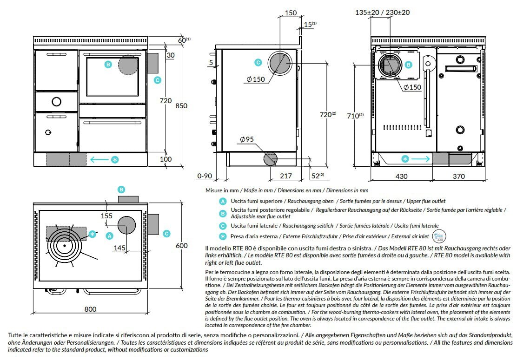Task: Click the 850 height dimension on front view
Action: click(181, 106)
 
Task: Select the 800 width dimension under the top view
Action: click(90, 309)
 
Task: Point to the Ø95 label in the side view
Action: click(247, 140)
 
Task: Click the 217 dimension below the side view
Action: click(286, 176)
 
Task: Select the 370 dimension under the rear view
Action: click(458, 176)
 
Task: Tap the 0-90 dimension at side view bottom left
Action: click(205, 176)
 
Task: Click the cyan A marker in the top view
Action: click(110, 236)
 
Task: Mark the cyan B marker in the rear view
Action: click(409, 65)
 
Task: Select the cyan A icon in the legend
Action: click(223, 202)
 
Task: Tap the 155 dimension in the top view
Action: click(106, 216)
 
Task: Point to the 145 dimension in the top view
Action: click(119, 248)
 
